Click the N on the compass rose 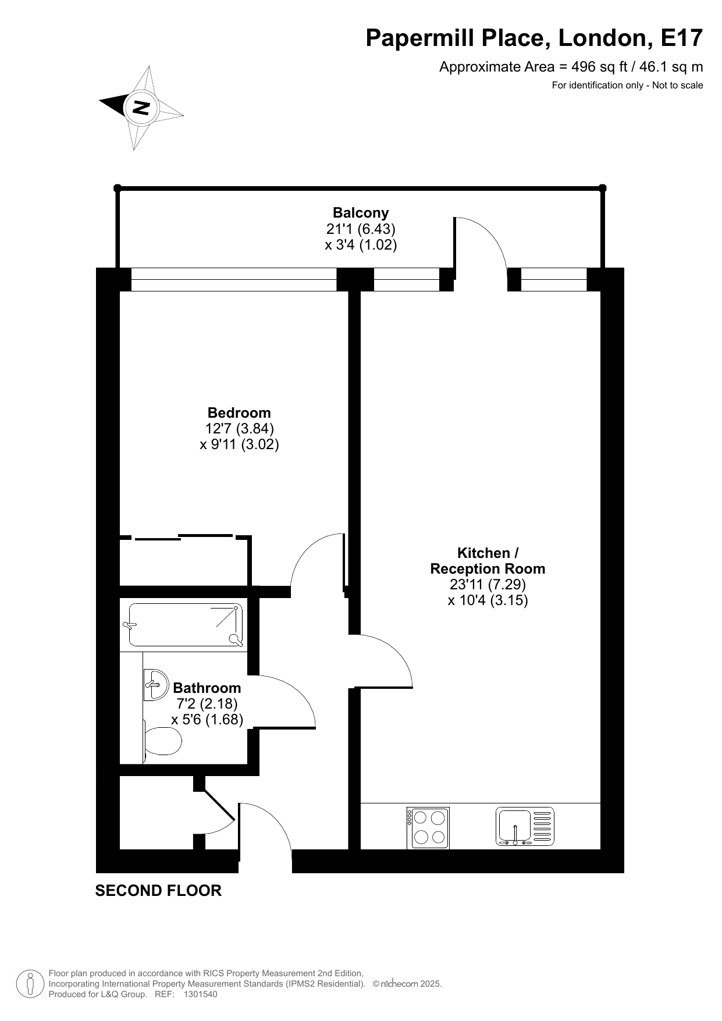[x=141, y=108]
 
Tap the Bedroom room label [x=239, y=413]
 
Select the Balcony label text [x=361, y=213]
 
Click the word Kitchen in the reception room [x=484, y=553]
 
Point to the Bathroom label [x=207, y=688]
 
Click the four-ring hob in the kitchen [x=428, y=827]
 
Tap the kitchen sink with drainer [x=525, y=826]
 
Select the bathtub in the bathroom [x=186, y=625]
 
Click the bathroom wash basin [x=154, y=684]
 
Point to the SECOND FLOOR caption [x=158, y=891]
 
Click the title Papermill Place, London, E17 [x=534, y=38]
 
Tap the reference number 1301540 [x=200, y=994]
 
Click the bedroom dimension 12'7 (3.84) [x=240, y=429]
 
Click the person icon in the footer [x=31, y=984]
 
